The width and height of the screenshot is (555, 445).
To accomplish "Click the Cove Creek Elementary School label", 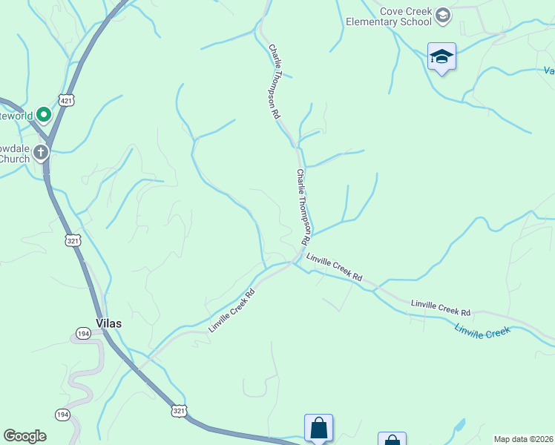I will [x=389, y=16].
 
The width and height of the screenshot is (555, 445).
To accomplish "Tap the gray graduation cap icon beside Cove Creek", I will [x=442, y=16].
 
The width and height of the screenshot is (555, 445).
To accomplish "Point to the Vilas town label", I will [x=108, y=323].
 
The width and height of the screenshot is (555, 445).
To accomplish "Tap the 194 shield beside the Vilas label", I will [x=84, y=334].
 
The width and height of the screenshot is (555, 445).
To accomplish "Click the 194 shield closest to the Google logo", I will [x=62, y=414].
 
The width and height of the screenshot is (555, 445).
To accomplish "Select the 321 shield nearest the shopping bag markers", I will [x=179, y=410].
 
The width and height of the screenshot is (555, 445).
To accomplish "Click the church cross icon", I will [x=41, y=153].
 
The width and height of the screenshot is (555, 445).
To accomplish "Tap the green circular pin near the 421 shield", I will [x=44, y=115].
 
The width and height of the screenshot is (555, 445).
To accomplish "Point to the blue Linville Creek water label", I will [x=482, y=332].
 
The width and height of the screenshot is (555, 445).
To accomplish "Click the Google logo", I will [x=24, y=436].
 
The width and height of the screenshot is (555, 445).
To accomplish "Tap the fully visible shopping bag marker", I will [x=318, y=428].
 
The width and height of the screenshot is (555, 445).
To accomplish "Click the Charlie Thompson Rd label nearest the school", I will [x=275, y=82].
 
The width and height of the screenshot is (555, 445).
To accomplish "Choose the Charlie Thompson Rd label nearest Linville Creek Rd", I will [x=302, y=208].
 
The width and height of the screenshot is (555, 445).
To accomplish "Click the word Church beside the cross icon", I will [x=14, y=159].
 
